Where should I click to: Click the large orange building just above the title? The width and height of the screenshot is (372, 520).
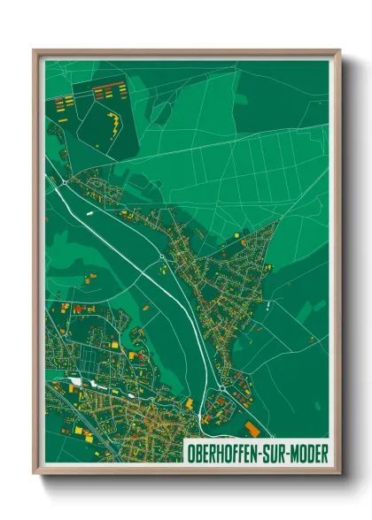pyautogui.click(x=253, y=429)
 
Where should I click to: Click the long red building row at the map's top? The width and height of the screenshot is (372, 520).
pyautogui.click(x=106, y=88)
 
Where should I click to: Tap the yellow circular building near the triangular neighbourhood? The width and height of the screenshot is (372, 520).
pyautogui.click(x=243, y=238)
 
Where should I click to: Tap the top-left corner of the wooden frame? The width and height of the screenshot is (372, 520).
pyautogui.click(x=35, y=50)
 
